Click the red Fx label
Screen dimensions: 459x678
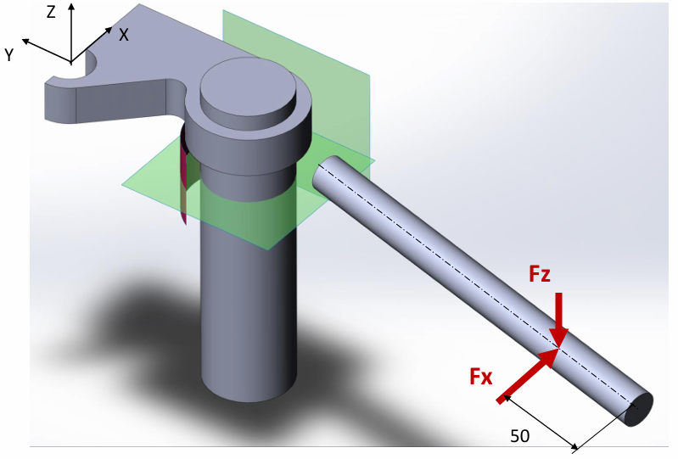[481, 377]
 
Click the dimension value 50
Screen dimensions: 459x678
[520, 436]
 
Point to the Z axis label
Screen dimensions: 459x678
[52, 12]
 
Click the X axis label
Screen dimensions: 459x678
[124, 35]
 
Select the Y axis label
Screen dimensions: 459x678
[9, 55]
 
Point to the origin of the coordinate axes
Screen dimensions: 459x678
[71, 61]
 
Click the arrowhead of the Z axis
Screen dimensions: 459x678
[71, 8]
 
